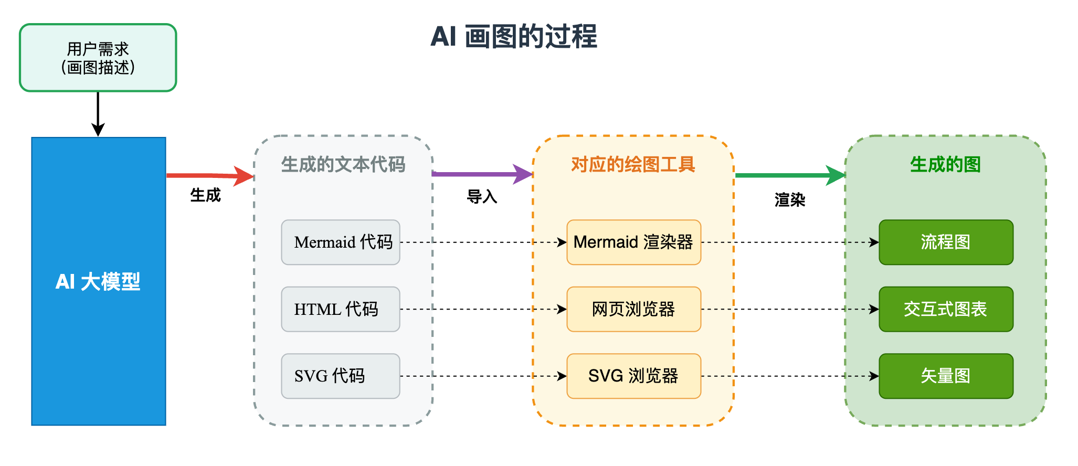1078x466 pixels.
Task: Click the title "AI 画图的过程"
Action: point(513,37)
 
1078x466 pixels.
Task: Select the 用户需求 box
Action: point(98,58)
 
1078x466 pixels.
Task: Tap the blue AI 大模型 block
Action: point(99,281)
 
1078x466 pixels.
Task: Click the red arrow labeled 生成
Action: point(210,176)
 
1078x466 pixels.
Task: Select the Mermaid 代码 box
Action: point(341,242)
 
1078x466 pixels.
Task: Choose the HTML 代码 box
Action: point(341,309)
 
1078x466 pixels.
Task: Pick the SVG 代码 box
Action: point(341,376)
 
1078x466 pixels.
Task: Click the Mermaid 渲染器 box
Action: point(633,242)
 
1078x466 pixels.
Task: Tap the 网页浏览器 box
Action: point(633,309)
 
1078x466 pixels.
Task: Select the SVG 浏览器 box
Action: point(633,376)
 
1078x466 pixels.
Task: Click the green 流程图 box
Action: point(946,242)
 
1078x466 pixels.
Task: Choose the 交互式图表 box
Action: point(946,309)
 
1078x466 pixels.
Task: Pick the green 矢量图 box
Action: point(946,376)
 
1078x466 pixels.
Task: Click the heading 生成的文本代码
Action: point(343,164)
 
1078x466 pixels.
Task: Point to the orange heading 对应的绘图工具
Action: point(633,164)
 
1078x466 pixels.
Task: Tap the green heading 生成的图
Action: point(945,164)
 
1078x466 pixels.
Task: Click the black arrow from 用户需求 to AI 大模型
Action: point(98,113)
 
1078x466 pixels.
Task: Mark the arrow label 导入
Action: point(482,197)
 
